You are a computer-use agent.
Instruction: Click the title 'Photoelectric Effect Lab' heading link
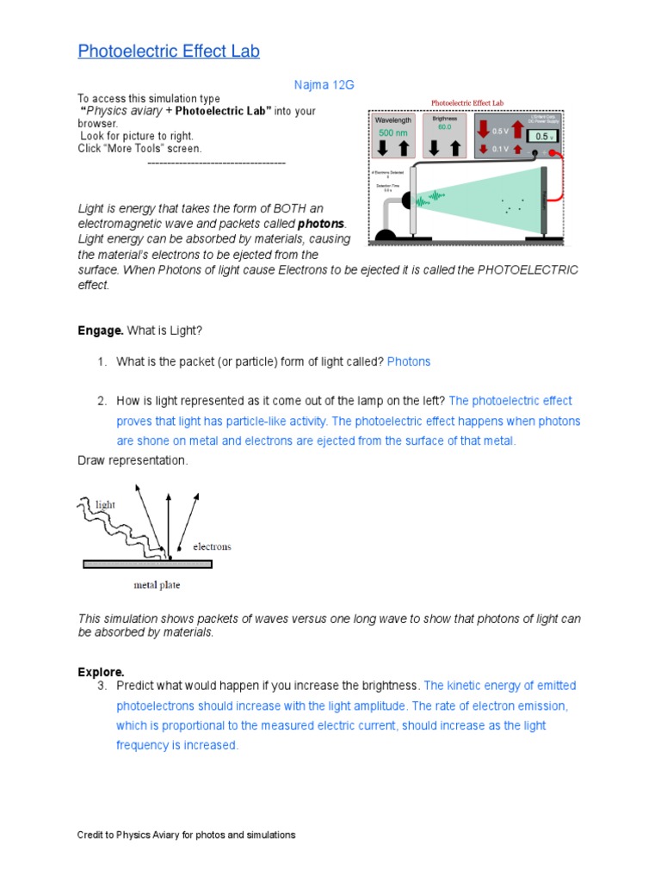169,51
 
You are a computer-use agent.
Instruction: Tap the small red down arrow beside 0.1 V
485,148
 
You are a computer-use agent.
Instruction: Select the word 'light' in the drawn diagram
105,505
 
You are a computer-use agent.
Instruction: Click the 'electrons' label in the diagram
212,546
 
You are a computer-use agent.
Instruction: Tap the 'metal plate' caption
157,586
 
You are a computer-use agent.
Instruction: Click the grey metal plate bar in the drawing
147,564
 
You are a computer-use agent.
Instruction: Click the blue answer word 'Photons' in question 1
409,361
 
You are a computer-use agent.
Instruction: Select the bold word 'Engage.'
102,330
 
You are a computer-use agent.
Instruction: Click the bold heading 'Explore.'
101,671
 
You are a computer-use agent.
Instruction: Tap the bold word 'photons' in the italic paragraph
321,224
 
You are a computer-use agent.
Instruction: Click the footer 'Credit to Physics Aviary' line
186,835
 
